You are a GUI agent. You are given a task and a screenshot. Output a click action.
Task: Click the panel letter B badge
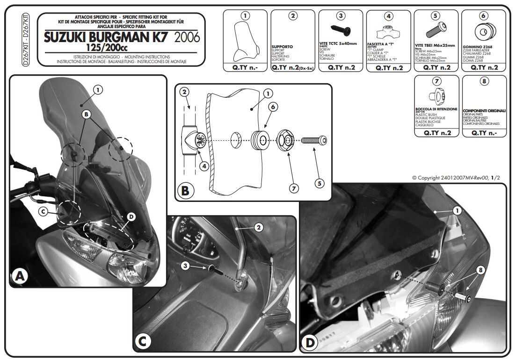(x=185, y=191)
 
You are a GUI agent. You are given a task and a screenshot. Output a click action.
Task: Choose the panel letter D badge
(x=310, y=342)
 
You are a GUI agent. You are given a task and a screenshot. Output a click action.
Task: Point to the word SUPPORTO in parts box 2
(x=282, y=47)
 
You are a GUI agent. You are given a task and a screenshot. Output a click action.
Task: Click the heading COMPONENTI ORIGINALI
(x=484, y=111)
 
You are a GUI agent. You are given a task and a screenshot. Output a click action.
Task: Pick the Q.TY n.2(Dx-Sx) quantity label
(x=293, y=67)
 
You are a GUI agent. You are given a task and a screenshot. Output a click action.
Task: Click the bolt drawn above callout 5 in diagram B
(x=314, y=140)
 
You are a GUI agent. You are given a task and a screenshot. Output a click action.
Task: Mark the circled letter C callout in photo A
(x=43, y=211)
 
